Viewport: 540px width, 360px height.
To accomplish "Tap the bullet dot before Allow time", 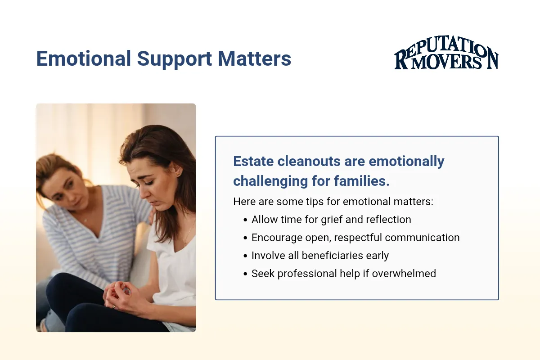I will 245,220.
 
